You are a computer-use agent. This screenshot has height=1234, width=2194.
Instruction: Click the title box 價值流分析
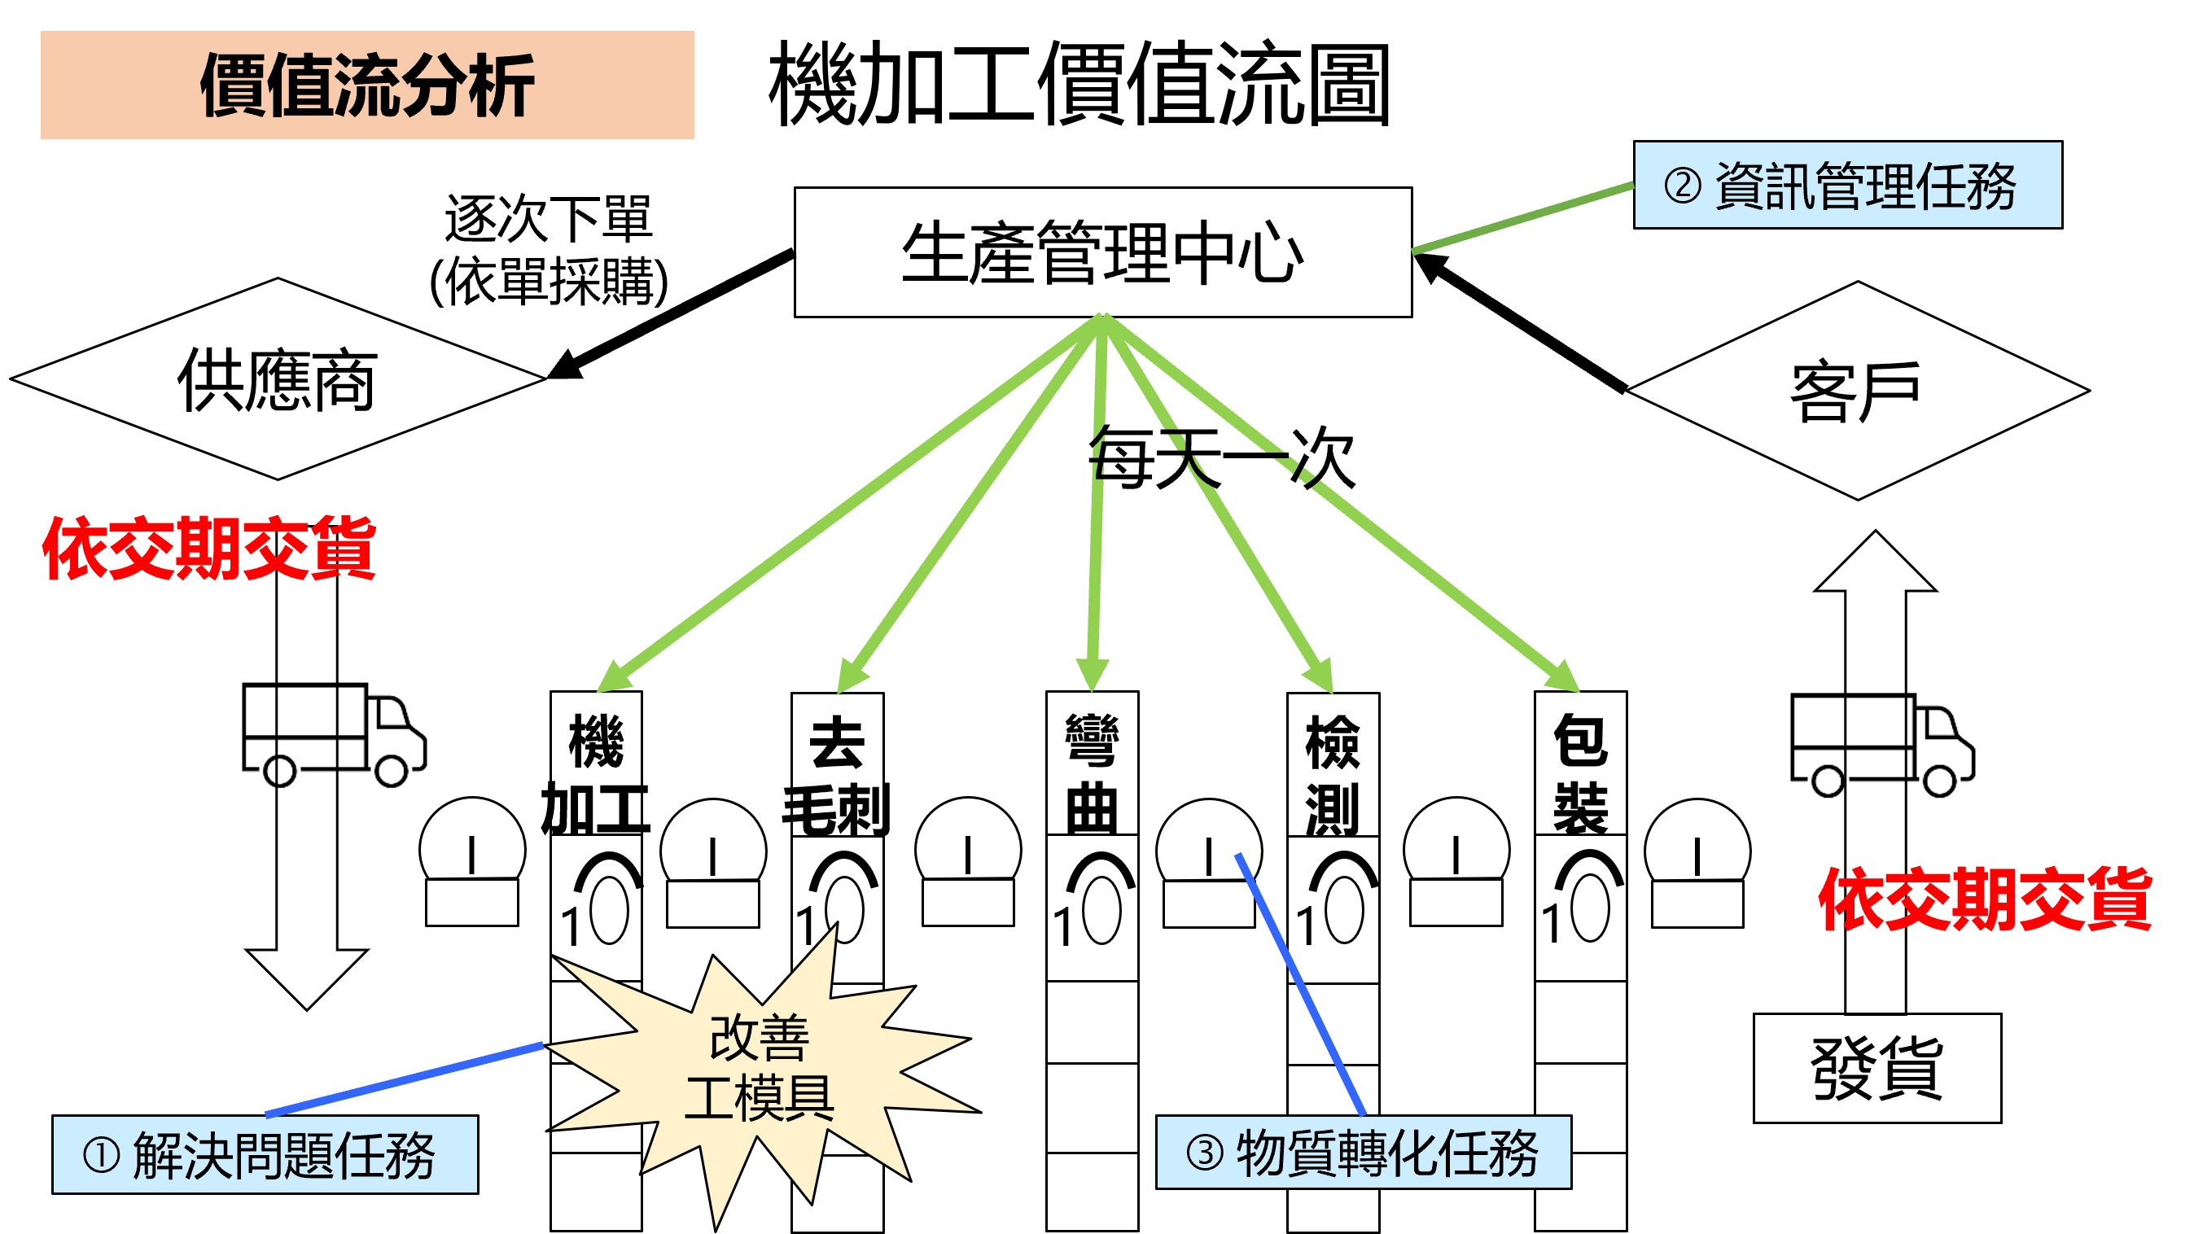click(x=367, y=85)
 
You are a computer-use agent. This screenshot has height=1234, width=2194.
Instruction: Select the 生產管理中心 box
click(x=1102, y=252)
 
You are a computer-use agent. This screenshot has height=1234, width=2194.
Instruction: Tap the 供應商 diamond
click(x=278, y=379)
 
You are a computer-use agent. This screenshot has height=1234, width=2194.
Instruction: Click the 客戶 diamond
click(x=1857, y=391)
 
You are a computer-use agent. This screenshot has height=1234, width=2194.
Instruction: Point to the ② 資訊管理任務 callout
click(x=1846, y=185)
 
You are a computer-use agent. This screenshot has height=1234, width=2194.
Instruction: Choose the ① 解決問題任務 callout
click(x=265, y=1154)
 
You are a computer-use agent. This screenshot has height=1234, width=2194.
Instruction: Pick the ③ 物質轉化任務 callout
click(x=1363, y=1153)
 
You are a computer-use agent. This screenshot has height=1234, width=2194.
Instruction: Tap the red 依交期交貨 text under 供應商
click(x=209, y=549)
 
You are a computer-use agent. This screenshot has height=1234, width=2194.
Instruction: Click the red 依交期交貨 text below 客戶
click(x=1985, y=899)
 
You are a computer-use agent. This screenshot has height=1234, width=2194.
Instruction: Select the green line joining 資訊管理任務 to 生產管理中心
click(x=1523, y=218)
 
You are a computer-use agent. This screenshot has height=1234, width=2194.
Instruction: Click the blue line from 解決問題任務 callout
click(x=405, y=1079)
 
